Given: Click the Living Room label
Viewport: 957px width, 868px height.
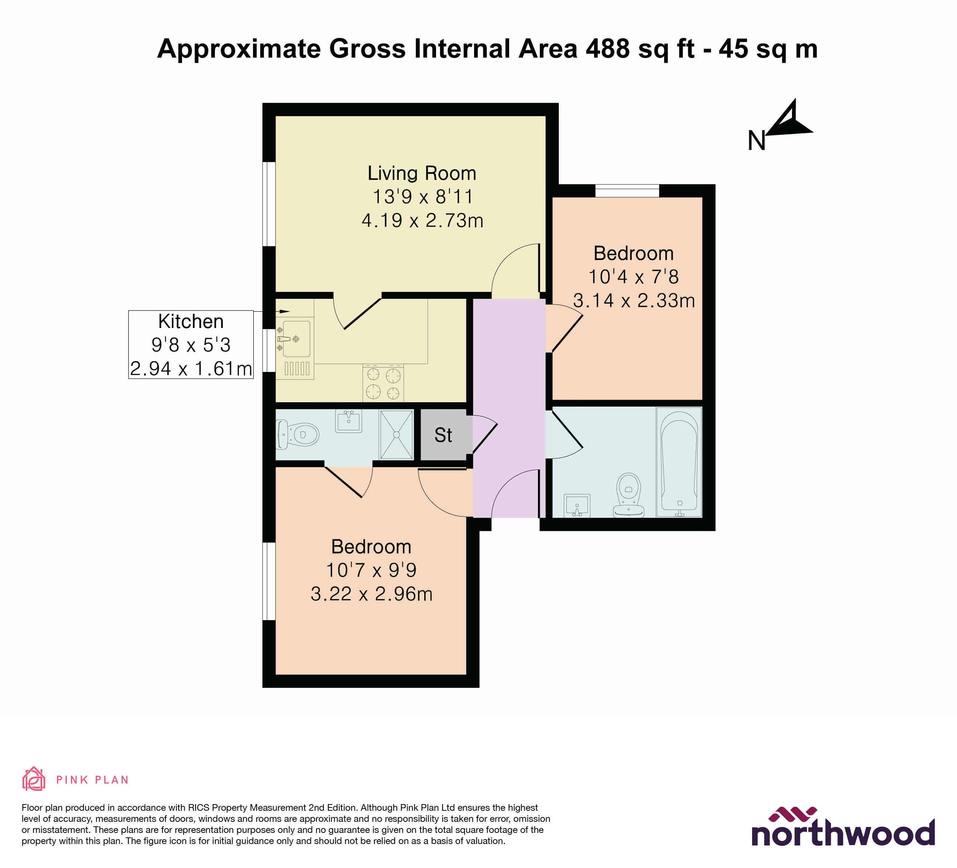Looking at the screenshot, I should (422, 173).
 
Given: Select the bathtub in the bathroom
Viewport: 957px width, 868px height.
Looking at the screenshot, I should (679, 462).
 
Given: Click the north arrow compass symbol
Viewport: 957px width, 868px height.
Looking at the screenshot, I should (788, 121).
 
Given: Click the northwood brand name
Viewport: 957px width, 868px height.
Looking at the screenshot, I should (843, 834).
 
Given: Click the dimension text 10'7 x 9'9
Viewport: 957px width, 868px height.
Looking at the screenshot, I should (371, 570).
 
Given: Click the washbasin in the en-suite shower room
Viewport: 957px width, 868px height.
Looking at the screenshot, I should (349, 421).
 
